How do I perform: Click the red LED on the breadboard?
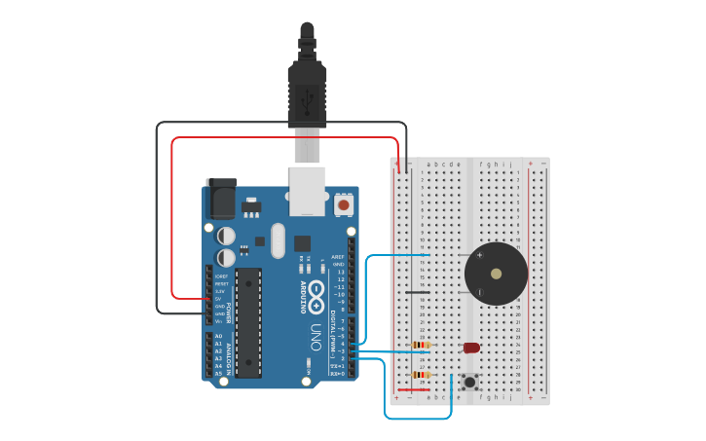pyautogui.click(x=471, y=348)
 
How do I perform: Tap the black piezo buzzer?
pyautogui.click(x=497, y=274)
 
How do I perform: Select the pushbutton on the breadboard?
pyautogui.click(x=470, y=382)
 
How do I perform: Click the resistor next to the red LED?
pyautogui.click(x=422, y=345)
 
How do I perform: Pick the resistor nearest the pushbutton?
pyautogui.click(x=422, y=375)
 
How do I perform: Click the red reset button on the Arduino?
pyautogui.click(x=343, y=205)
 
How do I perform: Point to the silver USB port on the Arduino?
pyautogui.click(x=307, y=190)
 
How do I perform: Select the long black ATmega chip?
pyautogui.click(x=248, y=322)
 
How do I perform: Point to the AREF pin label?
pyautogui.click(x=338, y=257)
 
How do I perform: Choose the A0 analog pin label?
pyautogui.click(x=218, y=336)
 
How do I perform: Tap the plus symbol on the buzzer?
pyautogui.click(x=479, y=255)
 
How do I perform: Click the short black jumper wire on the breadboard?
pyautogui.click(x=418, y=292)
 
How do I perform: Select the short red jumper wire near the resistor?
pyautogui.click(x=414, y=390)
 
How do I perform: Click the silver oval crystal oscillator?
pyautogui.click(x=279, y=240)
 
